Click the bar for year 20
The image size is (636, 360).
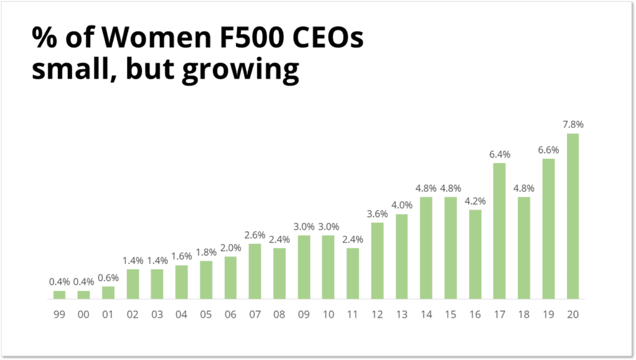tap(573, 216)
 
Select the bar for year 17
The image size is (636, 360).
tap(499, 231)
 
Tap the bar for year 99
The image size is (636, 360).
tap(59, 295)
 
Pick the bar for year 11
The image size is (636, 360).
tap(353, 274)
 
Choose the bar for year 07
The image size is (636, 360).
tap(255, 271)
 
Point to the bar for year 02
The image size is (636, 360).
tap(132, 284)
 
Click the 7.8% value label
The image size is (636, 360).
tap(573, 125)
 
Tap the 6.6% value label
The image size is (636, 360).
tap(548, 150)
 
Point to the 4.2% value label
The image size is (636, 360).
tap(475, 201)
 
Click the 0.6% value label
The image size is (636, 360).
tap(108, 277)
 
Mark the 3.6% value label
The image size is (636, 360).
tap(377, 214)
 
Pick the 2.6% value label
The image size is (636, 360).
tap(255, 235)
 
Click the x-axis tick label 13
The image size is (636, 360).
tap(402, 314)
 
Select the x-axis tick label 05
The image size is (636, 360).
tap(206, 314)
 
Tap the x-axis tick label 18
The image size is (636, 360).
tap(524, 314)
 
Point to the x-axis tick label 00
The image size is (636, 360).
tap(84, 314)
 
